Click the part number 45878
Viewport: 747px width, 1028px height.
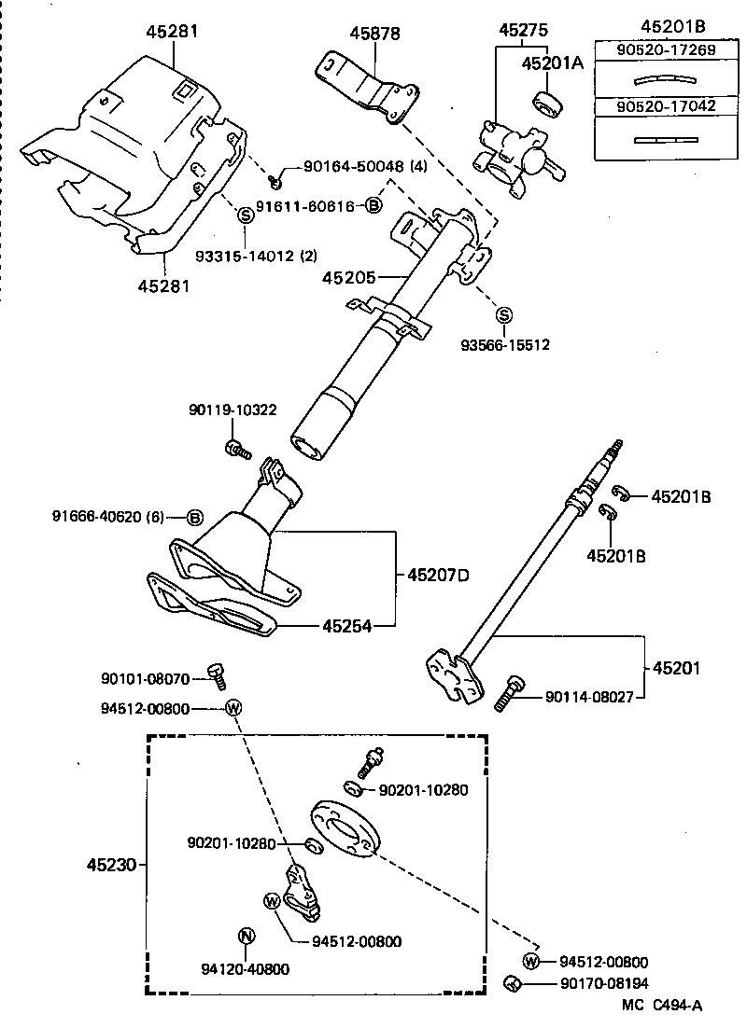point(374,34)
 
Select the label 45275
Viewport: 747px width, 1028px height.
point(524,31)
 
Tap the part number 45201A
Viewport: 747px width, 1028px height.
point(551,63)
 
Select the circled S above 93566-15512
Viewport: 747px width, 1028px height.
point(503,314)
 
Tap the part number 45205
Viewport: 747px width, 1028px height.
point(348,277)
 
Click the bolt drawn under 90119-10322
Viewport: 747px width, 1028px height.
point(236,450)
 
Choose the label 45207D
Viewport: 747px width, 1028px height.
point(437,575)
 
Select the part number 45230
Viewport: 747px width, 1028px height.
point(108,865)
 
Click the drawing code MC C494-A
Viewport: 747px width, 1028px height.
point(662,1006)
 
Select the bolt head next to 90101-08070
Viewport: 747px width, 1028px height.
point(218,674)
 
